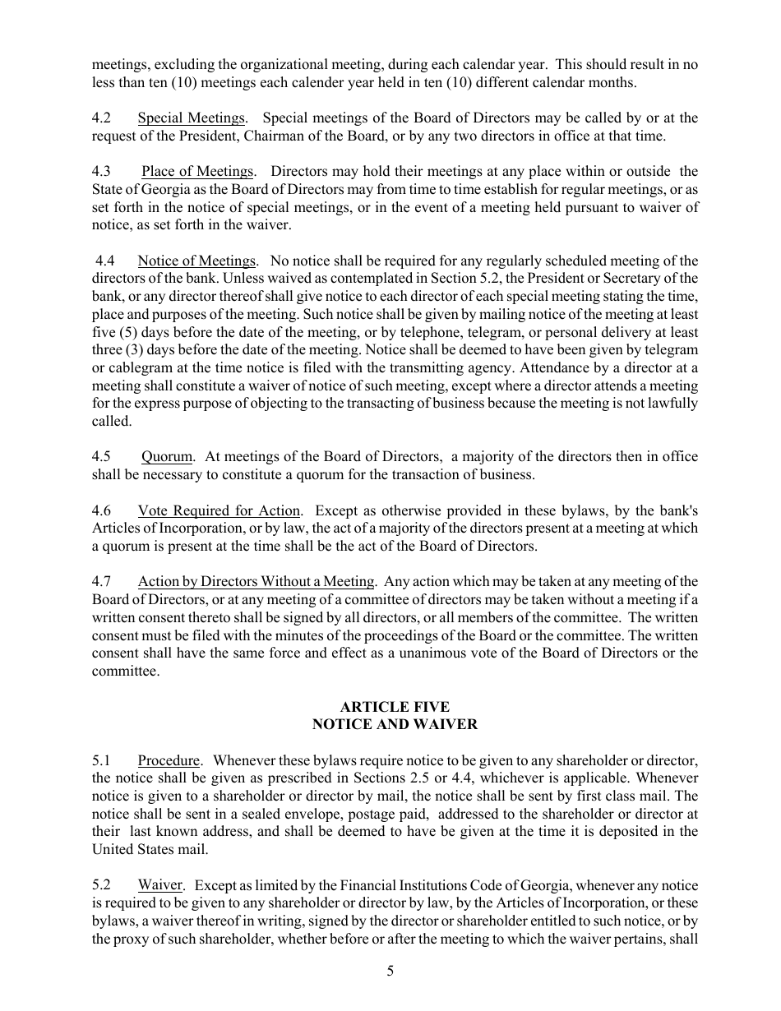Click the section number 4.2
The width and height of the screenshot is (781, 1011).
[101, 118]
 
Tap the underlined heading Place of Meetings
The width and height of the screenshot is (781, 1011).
[197, 172]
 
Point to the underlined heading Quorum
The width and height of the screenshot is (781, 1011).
[167, 457]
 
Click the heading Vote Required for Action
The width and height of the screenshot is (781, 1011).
[219, 510]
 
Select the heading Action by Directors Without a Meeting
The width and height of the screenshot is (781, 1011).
[256, 582]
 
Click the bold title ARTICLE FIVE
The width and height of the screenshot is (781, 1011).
[395, 707]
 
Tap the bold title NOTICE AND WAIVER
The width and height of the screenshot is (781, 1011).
[395, 725]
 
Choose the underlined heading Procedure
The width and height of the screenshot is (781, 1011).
[169, 760]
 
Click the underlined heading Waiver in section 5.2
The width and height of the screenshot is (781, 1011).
[159, 885]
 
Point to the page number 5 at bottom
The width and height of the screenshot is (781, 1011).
[390, 972]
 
